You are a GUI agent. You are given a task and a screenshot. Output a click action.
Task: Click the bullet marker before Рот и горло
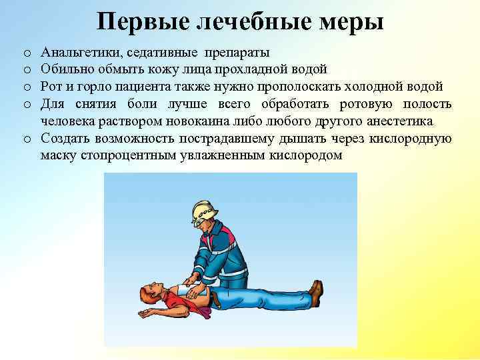click(25, 87)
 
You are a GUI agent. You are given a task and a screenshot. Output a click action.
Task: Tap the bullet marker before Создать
click(25, 139)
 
